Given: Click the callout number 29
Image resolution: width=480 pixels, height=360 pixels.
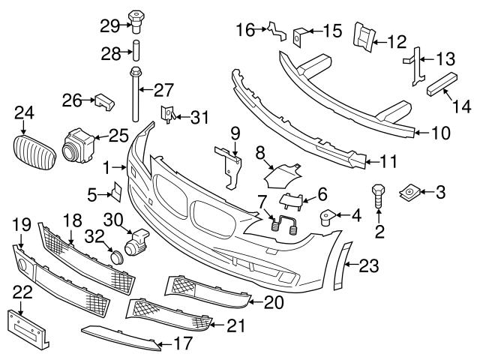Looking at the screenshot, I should point(109,25).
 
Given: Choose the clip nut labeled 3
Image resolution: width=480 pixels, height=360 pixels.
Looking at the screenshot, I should point(410,192).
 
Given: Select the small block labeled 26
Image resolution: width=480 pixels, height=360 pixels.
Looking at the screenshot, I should point(103,100).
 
